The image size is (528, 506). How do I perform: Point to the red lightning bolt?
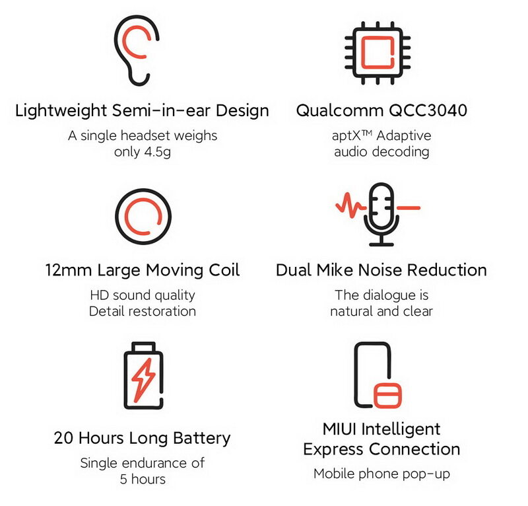[143, 380]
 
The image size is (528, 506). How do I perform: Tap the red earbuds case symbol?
[387, 395]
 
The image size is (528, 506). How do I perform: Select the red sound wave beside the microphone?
[350, 205]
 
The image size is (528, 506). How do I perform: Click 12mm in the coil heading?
[69, 270]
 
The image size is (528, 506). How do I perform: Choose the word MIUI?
[339, 429]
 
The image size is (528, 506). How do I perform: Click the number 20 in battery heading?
[65, 438]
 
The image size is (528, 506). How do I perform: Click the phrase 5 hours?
[143, 479]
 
